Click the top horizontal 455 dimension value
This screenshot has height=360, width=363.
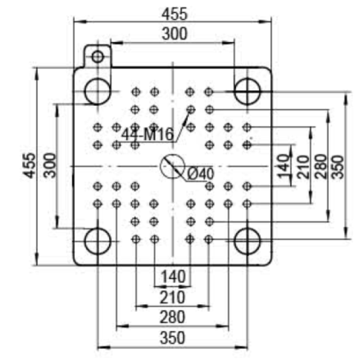[x=174, y=14]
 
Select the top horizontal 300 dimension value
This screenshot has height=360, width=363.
[x=174, y=34]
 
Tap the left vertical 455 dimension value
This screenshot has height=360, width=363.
[x=30, y=166]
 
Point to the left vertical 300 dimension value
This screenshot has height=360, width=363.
[x=50, y=166]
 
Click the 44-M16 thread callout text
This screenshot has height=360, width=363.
[x=148, y=134]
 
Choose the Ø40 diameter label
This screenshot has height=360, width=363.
[x=201, y=174]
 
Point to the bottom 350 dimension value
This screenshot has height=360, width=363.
[x=172, y=338]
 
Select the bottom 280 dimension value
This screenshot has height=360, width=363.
[x=172, y=317]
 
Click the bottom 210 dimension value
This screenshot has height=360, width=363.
[x=172, y=297]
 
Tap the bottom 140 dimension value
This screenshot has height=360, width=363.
[x=173, y=277]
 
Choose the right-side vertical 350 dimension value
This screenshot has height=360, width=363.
[x=338, y=167]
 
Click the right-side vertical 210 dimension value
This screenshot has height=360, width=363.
[x=303, y=167]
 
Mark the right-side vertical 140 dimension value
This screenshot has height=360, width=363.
[x=284, y=167]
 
